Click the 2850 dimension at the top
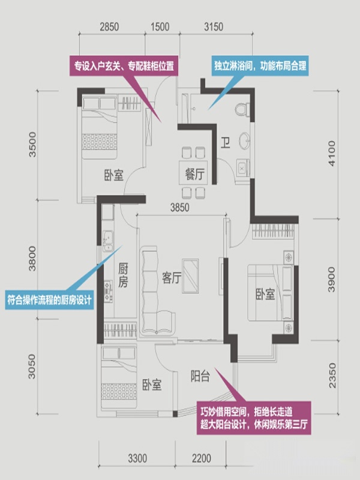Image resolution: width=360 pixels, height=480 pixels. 109,26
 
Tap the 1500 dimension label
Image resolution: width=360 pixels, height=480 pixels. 160,26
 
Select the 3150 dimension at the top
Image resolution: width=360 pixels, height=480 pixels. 214,26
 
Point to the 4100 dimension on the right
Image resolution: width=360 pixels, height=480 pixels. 332,154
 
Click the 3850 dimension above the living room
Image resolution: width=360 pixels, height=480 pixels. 179,208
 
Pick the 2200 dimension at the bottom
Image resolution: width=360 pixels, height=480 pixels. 202,458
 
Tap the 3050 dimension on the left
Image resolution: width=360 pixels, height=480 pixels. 32,367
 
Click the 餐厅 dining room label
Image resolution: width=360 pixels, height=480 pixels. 194,174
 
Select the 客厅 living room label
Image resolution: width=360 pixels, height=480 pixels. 172,278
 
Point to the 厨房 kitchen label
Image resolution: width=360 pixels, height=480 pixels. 123,275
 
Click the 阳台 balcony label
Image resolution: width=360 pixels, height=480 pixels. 200,376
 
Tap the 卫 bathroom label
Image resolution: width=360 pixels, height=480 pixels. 226,143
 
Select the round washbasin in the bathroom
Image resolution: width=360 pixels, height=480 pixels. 244,141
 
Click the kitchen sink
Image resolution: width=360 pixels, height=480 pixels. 108,241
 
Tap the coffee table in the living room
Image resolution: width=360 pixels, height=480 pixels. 190,276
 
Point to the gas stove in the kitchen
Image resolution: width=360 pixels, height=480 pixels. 108,292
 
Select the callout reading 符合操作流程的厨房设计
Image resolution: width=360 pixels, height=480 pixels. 50,299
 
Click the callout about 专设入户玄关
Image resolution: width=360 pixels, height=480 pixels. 124,65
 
